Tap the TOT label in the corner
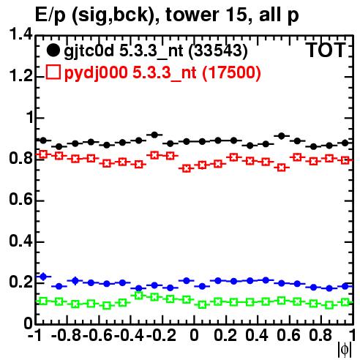pos(326,50)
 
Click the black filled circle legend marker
pos(53,50)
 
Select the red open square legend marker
pos(53,72)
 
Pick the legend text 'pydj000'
pos(96,73)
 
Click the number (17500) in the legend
pos(231,72)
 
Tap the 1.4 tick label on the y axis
pos(20,34)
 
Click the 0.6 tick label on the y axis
pos(20,200)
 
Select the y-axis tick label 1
pos(29,118)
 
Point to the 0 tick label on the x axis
pos(194,335)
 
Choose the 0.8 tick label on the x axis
pos(320,335)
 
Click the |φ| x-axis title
pos(345,350)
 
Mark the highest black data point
pos(154,135)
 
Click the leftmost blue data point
pos(43,277)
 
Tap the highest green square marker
pos(138,296)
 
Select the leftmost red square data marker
pos(43,154)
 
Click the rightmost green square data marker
pos(345,302)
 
